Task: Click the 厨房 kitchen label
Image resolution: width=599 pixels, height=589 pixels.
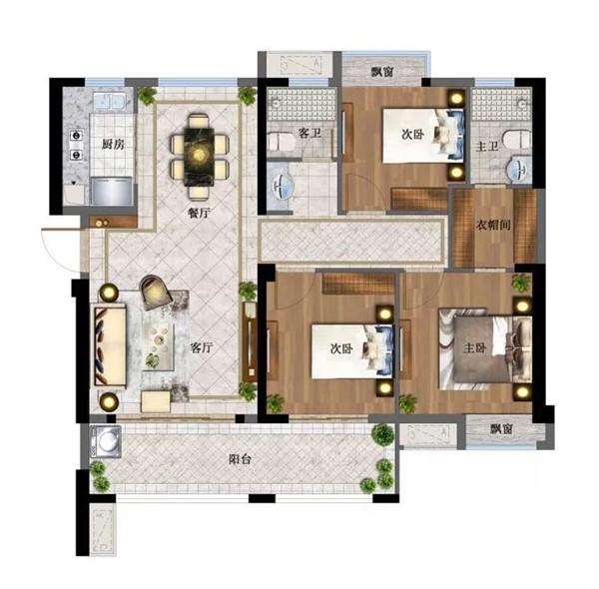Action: [114, 145]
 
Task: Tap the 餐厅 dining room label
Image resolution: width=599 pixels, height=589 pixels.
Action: [199, 213]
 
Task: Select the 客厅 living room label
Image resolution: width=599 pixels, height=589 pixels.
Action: [202, 347]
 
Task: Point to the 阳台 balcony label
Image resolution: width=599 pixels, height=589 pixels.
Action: [240, 459]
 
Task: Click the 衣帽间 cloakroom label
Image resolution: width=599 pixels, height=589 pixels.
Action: [493, 225]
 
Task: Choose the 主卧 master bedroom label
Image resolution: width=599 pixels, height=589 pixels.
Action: [475, 347]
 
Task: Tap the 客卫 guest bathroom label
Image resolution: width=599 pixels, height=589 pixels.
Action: [309, 134]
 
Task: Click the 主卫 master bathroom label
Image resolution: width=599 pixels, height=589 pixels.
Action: [487, 146]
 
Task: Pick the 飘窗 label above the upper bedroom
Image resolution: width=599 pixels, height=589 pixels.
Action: [382, 72]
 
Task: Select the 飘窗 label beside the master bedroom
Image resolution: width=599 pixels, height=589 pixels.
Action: [501, 429]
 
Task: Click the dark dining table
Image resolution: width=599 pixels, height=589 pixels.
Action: [199, 157]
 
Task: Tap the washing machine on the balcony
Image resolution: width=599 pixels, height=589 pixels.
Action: [106, 441]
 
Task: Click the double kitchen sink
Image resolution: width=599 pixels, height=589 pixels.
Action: [109, 102]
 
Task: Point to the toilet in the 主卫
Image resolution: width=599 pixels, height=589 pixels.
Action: [516, 140]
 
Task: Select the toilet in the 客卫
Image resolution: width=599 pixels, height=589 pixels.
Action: [282, 142]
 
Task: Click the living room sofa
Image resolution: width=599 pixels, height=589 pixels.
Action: [111, 346]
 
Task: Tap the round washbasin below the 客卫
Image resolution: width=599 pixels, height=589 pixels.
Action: [283, 187]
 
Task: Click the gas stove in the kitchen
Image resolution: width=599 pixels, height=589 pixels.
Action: [77, 145]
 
